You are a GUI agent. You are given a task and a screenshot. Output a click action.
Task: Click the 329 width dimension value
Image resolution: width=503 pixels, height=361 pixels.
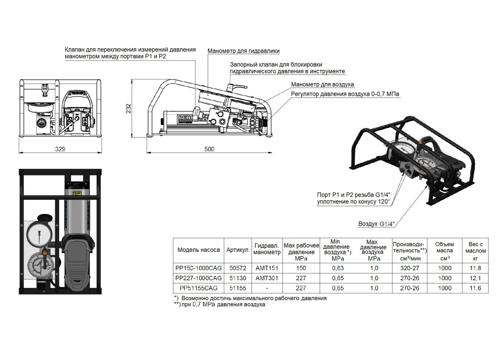tap(60, 149)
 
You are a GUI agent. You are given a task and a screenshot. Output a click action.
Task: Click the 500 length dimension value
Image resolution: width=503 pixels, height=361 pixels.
tap(209, 149)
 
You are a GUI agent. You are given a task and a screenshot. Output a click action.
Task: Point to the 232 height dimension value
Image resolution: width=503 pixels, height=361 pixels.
tap(129, 108)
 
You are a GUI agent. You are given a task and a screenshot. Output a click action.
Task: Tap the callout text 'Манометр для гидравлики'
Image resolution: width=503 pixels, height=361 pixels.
tap(243, 51)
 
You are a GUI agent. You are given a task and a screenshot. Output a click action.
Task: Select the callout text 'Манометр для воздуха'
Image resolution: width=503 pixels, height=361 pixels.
tap(322, 84)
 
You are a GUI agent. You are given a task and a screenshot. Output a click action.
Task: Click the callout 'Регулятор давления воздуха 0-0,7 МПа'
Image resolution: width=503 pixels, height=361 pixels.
tap(345, 94)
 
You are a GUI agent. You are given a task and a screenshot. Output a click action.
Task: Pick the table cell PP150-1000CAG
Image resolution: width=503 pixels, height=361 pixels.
tap(199, 267)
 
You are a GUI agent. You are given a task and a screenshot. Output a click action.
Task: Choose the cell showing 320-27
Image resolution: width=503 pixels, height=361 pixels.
tap(410, 267)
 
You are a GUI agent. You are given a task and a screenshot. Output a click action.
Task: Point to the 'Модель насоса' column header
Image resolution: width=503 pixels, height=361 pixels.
tap(199, 250)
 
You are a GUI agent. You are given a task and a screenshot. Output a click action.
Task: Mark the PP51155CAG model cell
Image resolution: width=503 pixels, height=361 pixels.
tap(199, 288)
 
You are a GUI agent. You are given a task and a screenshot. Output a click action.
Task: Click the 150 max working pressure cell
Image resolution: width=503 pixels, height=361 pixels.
tap(301, 267)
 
